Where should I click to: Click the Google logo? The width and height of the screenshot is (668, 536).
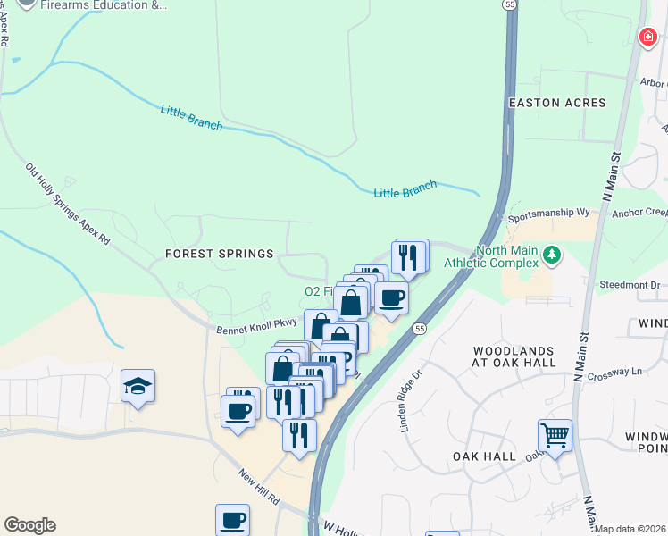(x=29, y=525)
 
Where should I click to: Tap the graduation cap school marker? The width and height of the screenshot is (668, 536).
(x=138, y=386)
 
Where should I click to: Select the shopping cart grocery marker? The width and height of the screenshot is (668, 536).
(x=555, y=436)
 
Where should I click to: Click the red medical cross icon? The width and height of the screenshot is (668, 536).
(x=647, y=37)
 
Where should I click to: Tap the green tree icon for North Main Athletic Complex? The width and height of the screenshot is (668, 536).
(x=553, y=256)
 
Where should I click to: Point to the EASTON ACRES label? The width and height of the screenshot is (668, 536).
(x=556, y=103)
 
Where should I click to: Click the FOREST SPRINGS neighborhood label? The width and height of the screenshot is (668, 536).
(x=219, y=254)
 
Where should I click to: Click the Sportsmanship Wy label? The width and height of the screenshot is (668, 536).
(x=549, y=215)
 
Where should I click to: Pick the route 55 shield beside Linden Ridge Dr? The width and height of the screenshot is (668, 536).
(x=419, y=329)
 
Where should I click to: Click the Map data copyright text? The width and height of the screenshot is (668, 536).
(x=630, y=529)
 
